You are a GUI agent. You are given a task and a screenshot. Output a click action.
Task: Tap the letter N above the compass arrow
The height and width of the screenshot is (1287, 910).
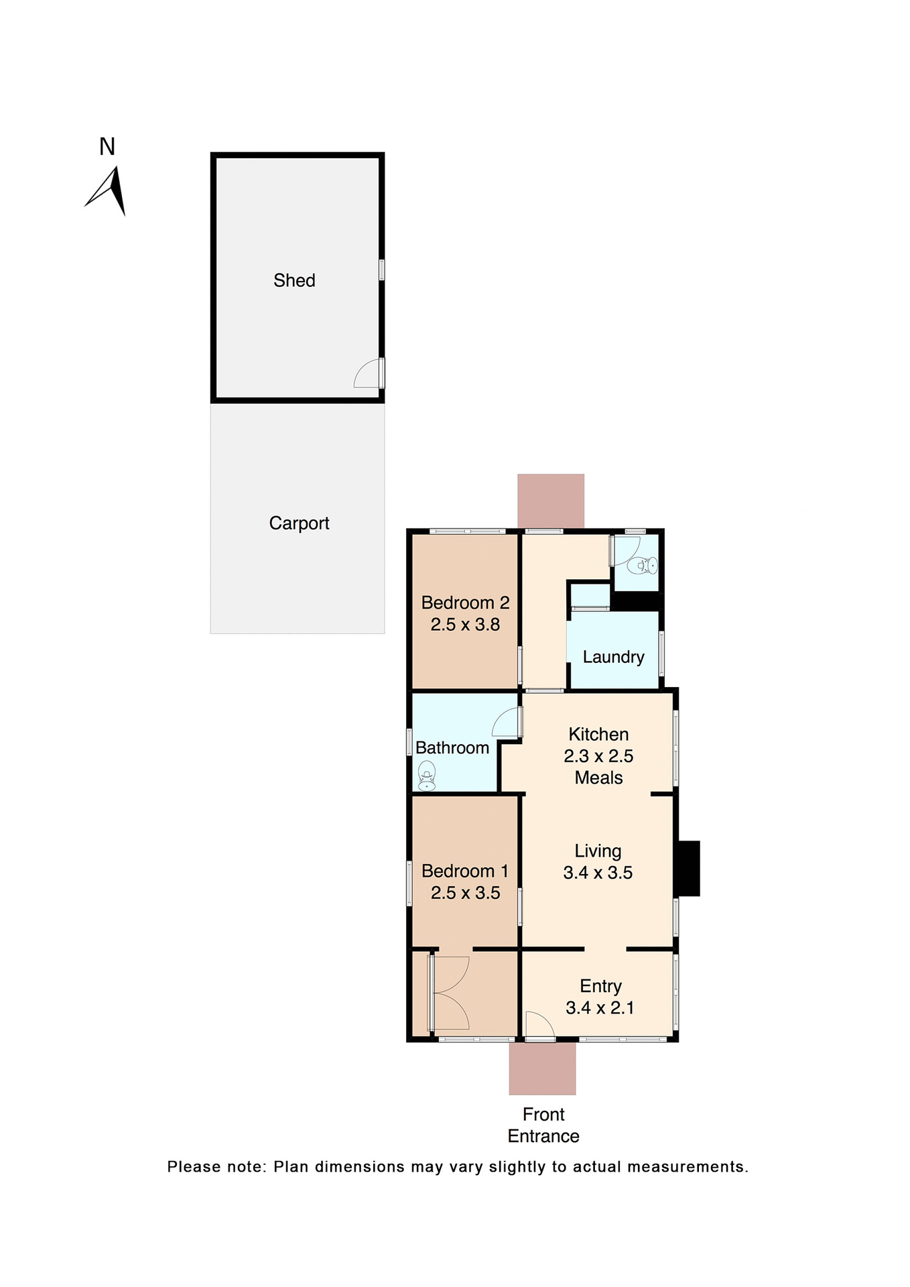point(107,147)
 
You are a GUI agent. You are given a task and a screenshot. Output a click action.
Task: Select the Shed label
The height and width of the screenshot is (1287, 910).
point(294,280)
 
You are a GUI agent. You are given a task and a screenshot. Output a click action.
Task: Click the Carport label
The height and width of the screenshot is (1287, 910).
point(299,523)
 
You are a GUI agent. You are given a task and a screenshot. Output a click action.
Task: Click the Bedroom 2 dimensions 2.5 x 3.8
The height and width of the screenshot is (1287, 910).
point(465,625)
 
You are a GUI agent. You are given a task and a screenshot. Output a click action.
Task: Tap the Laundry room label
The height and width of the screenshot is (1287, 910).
point(613,657)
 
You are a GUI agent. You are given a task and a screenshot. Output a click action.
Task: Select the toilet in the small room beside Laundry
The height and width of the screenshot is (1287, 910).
point(643,565)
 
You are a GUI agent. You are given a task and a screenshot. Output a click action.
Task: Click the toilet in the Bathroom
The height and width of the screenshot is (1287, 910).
point(427,778)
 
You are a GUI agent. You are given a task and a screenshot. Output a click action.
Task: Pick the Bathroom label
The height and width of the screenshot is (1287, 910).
point(452,747)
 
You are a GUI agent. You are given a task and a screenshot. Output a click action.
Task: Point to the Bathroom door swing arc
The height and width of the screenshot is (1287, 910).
point(505,721)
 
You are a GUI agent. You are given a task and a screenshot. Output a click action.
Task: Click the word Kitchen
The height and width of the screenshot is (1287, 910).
point(598,734)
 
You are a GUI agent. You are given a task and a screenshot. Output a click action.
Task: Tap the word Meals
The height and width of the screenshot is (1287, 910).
point(598,778)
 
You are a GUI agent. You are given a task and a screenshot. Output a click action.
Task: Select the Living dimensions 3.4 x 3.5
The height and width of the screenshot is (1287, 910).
point(598,873)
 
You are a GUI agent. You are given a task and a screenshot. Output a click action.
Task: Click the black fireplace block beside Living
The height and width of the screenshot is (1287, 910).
point(688,868)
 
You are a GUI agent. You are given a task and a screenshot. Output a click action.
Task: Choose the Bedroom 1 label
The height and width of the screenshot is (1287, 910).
point(465,871)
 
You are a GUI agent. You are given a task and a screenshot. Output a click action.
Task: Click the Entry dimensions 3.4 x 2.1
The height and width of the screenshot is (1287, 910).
point(600,1007)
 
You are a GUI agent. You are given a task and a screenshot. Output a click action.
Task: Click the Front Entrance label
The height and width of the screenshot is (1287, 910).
point(543,1125)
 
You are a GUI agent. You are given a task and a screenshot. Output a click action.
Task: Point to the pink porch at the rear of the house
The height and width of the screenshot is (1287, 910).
point(551,501)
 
